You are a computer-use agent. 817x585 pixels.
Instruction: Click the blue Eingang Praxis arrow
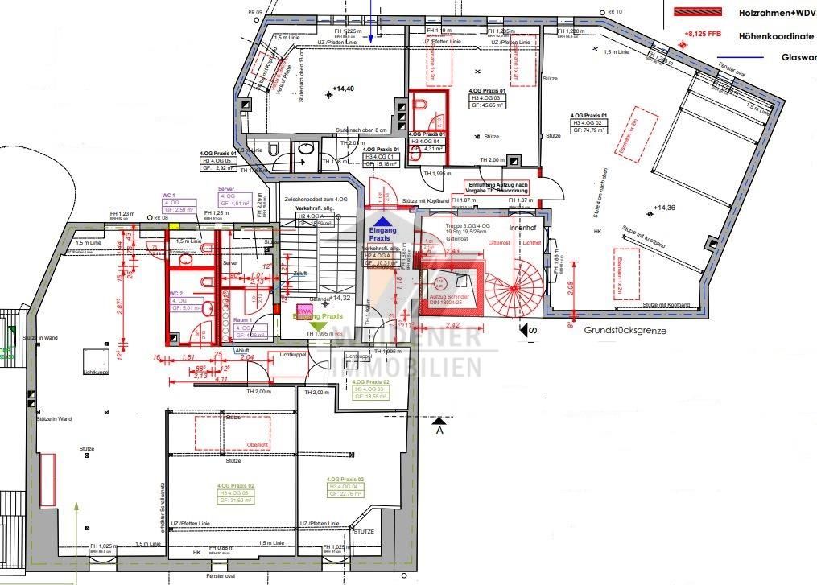(x=384, y=220)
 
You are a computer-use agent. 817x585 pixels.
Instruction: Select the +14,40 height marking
(x=343, y=88)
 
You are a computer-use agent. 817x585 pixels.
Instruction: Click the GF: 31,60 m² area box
(x=236, y=500)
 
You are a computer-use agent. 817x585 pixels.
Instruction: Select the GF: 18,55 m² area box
(x=371, y=397)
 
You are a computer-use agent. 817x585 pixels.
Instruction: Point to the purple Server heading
(x=226, y=188)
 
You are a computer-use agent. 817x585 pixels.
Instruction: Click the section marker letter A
(x=439, y=431)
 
